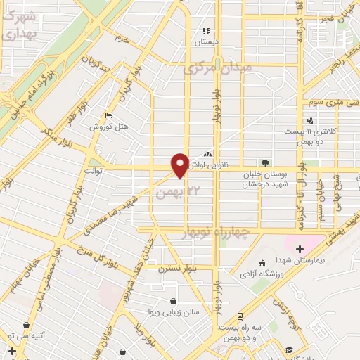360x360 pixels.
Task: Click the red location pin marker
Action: click(180, 165)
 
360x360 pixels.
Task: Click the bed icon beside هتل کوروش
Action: click(108, 115)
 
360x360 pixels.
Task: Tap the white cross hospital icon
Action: click(300, 248)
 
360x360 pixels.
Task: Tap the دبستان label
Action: click(207, 41)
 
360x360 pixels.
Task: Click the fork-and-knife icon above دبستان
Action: click(207, 31)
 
